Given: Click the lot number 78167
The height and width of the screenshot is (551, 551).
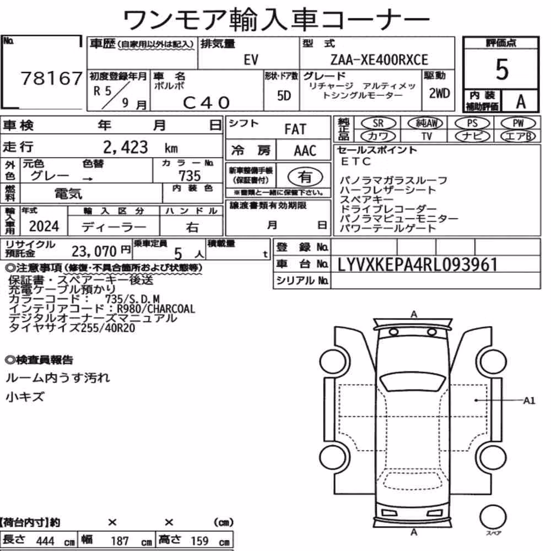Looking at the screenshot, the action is [52, 78].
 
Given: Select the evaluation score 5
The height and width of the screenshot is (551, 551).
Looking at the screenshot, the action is [501, 69].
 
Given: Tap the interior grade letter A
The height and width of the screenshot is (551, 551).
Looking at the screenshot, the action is [521, 101].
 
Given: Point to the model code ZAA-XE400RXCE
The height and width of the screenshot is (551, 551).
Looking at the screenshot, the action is [379, 60].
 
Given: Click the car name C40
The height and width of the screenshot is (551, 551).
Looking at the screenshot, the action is [206, 102].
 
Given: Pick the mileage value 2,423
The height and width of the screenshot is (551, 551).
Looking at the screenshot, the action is [126, 147].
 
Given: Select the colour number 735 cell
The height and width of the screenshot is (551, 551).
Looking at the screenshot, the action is [190, 176].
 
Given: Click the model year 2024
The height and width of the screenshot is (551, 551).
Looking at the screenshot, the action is [44, 226].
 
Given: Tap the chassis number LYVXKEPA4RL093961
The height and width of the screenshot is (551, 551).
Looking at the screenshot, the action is [418, 264].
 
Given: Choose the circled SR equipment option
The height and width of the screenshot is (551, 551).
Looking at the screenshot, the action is [379, 123].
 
